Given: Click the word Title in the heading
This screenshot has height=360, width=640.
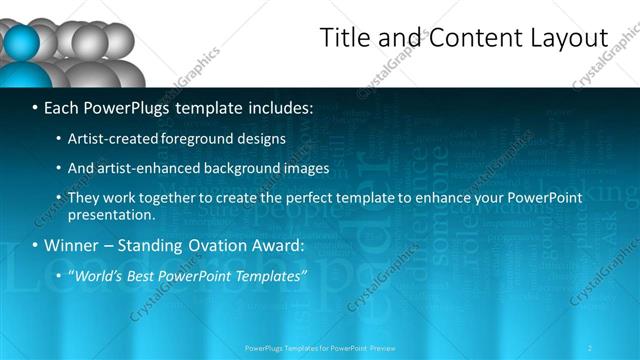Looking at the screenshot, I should click(x=343, y=38).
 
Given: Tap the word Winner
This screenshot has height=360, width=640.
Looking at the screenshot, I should click(x=71, y=246).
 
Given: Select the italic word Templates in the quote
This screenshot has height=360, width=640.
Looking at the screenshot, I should click(x=270, y=276).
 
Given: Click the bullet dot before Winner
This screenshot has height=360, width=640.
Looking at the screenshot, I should click(x=36, y=246).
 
